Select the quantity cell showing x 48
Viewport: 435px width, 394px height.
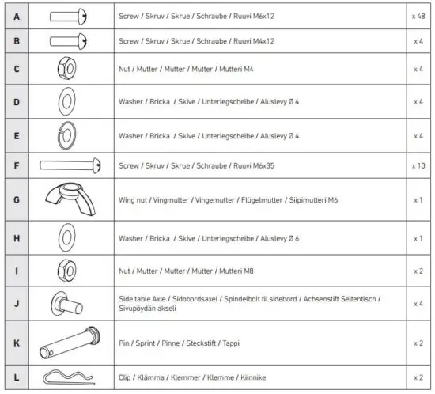click(x=418, y=16)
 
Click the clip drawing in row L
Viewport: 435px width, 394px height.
click(x=65, y=377)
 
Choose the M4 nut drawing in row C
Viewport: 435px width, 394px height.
click(x=65, y=69)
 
